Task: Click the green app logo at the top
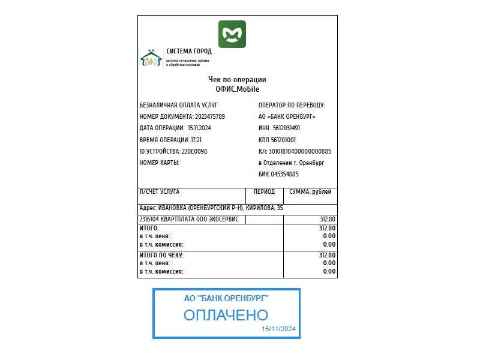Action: click(232, 34)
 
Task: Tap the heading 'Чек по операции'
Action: click(237, 80)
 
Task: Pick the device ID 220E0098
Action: click(194, 151)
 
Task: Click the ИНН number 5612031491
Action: click(286, 128)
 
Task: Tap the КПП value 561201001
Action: click(283, 140)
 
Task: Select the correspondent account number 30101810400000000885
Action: click(299, 151)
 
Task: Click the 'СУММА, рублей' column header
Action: click(310, 192)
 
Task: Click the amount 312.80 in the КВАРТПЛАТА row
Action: click(328, 219)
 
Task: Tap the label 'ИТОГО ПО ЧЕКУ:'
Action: click(161, 255)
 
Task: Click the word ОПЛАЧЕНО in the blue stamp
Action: click(226, 315)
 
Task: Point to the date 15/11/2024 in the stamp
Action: click(278, 329)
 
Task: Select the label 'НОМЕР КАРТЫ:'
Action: click(160, 163)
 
